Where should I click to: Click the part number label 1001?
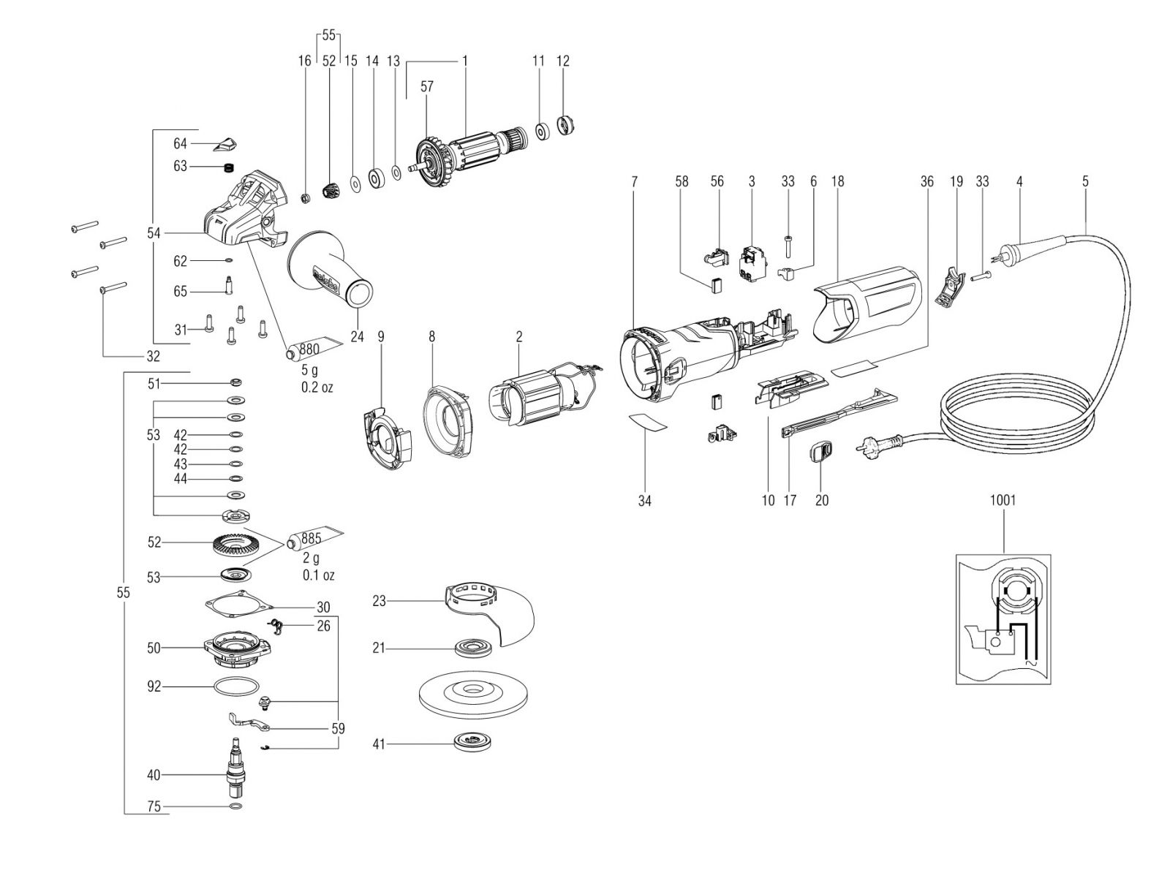coord(1003,500)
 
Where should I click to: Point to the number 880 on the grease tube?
coord(309,349)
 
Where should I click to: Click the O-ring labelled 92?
coord(237,687)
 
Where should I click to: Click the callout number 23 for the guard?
coord(379,601)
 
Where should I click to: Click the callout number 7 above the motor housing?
coord(634,181)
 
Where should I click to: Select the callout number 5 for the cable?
coord(1085,181)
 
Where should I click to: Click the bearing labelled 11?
coord(543,132)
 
